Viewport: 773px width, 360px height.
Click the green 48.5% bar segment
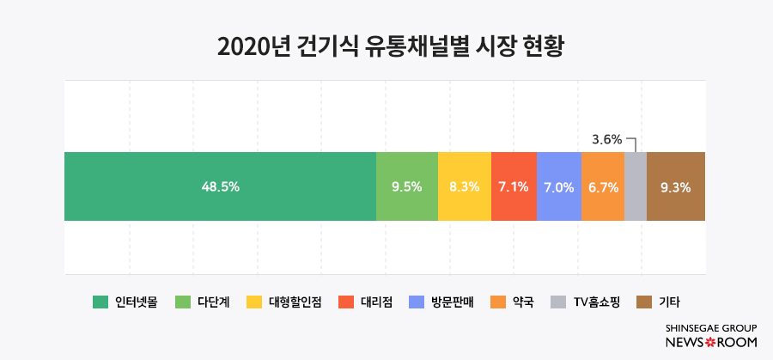click(220, 186)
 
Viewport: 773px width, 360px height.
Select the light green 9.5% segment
click(406, 186)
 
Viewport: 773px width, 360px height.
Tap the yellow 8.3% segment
click(464, 186)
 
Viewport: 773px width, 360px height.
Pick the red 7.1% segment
click(514, 186)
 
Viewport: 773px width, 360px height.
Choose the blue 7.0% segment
click(559, 186)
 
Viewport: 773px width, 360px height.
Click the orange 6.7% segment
click(603, 186)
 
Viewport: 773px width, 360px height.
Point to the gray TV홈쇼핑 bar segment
click(636, 186)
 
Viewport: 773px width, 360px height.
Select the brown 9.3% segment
click(676, 186)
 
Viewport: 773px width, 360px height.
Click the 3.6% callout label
click(607, 138)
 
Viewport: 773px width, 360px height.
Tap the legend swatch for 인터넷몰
click(100, 302)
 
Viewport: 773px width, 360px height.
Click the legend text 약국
click(523, 302)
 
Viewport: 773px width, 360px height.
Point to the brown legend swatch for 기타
click(644, 302)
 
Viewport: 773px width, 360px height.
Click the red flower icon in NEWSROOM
click(710, 342)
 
